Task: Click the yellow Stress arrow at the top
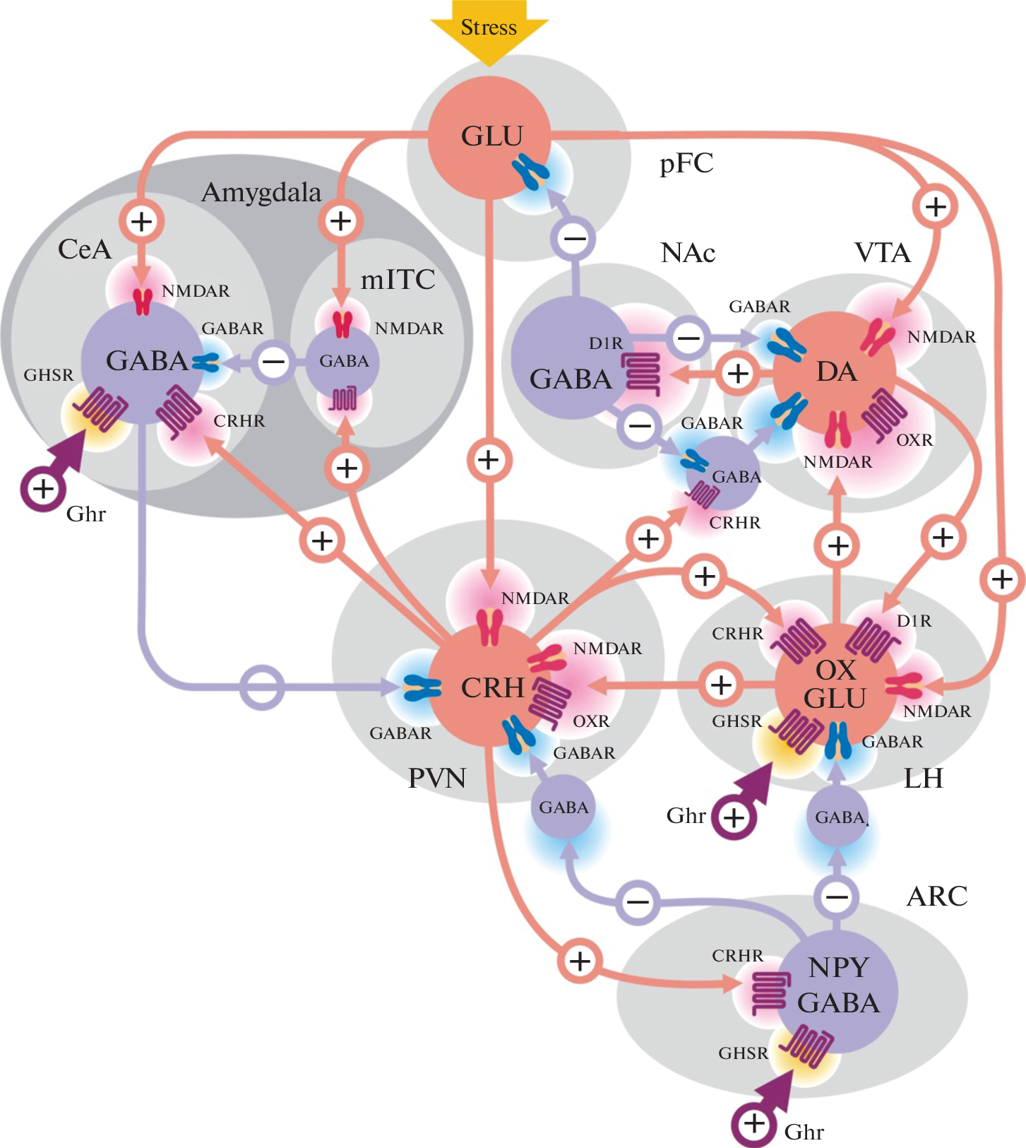click(x=489, y=28)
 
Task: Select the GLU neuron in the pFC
click(x=490, y=136)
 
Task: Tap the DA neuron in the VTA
click(x=835, y=372)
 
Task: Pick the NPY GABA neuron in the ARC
click(x=837, y=986)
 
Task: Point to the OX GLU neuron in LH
click(x=835, y=684)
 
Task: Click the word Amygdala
click(x=261, y=193)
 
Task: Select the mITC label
click(x=398, y=280)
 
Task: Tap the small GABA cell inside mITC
click(x=344, y=361)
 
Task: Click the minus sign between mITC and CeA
click(x=274, y=362)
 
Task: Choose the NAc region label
click(x=688, y=253)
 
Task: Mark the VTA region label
click(x=882, y=253)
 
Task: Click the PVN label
click(x=437, y=779)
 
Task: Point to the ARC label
click(x=937, y=896)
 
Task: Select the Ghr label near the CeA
click(x=85, y=514)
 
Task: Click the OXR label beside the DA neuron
click(x=914, y=440)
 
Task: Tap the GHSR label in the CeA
click(x=49, y=375)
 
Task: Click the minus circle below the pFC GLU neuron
click(x=574, y=239)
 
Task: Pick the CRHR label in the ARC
click(x=737, y=956)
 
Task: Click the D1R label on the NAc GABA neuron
click(x=606, y=343)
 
